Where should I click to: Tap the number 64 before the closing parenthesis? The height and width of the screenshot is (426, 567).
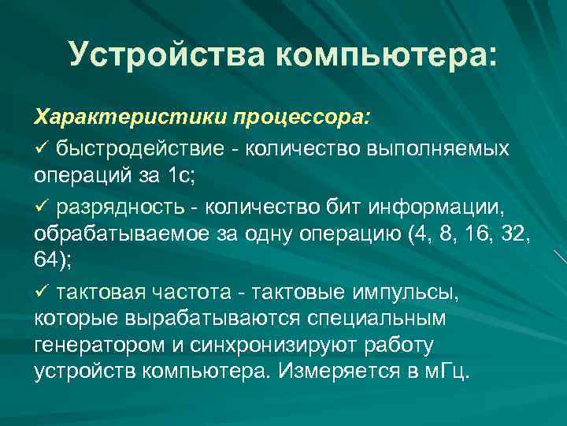(x=46, y=261)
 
